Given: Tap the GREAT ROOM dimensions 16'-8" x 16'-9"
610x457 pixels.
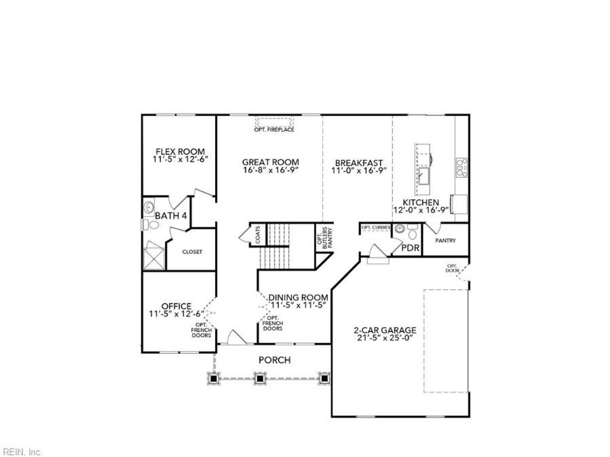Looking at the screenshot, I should [x=270, y=170].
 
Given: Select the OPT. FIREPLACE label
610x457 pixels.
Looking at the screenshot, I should [x=274, y=130].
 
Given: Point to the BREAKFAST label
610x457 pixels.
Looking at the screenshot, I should [x=359, y=162].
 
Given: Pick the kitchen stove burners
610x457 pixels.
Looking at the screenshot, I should [x=461, y=168].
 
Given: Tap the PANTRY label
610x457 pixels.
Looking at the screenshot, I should [x=446, y=241].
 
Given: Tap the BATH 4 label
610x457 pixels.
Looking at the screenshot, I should [x=172, y=215].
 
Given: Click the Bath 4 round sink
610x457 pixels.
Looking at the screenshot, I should [x=148, y=208].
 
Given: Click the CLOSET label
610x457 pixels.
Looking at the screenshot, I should [x=192, y=252].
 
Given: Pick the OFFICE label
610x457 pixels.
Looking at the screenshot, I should [x=176, y=306].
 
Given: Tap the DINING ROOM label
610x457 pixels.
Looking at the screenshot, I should [x=298, y=298].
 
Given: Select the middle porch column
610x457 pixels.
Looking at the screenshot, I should [x=260, y=377].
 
